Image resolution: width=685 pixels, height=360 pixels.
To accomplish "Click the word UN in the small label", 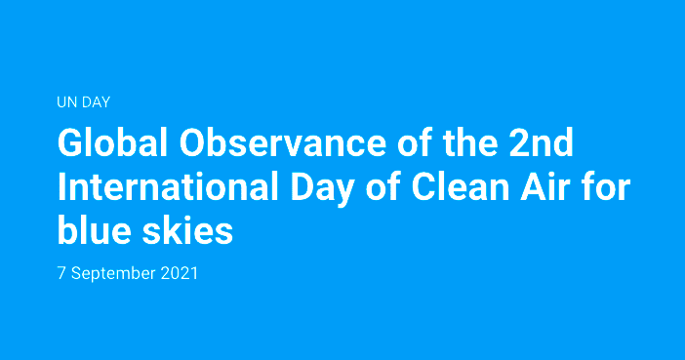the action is tap(66, 102).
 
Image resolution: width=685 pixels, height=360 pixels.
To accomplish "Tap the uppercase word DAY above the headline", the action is tap(96, 102).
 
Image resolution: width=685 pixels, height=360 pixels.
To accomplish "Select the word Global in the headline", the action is tap(113, 142).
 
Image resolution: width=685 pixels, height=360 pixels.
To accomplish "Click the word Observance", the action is tap(283, 142).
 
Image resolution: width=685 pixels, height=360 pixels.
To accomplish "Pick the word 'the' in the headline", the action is tap(470, 142).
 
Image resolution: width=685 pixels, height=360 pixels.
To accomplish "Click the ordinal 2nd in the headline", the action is tap(542, 142).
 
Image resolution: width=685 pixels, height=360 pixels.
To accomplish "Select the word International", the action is tap(168, 187).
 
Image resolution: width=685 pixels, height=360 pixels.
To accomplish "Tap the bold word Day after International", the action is tap(322, 190).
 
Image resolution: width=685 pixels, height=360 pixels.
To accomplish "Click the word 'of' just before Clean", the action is tap(383, 187).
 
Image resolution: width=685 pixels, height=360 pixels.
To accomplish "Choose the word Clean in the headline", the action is tap(461, 187).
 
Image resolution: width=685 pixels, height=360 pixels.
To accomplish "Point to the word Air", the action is tap(545, 187).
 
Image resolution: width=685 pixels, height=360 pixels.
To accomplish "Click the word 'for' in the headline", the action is tap(607, 187).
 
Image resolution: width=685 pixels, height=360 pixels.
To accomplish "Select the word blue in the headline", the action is tap(95, 230).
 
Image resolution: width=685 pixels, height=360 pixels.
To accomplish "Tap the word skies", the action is tap(188, 230).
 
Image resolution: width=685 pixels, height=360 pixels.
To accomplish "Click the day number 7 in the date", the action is tap(61, 273).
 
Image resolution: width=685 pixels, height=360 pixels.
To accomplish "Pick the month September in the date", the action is tap(113, 274).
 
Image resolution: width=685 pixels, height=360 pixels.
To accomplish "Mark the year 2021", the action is tap(180, 273).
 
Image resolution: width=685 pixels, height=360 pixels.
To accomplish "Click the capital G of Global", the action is tap(69, 142).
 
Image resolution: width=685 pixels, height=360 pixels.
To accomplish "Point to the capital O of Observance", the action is tap(192, 142).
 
